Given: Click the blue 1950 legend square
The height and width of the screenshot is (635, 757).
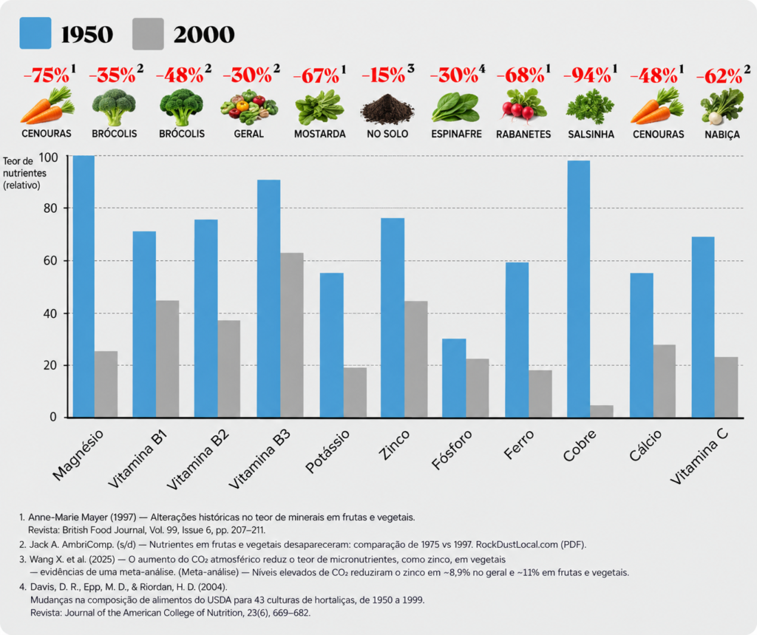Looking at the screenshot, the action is click(x=35, y=33).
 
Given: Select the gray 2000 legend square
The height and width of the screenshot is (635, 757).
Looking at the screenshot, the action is click(x=148, y=34).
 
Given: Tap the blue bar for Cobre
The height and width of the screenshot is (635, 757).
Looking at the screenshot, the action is click(x=578, y=289).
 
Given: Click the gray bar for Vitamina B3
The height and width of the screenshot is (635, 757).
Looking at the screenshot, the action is click(x=291, y=335).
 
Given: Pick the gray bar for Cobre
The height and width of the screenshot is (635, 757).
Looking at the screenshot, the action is click(x=602, y=411).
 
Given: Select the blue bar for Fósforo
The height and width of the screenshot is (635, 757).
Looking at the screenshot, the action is click(x=454, y=378).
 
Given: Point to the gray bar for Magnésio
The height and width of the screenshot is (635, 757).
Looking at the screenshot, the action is click(x=106, y=384).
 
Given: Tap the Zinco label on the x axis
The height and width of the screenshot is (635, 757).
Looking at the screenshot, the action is click(x=395, y=445).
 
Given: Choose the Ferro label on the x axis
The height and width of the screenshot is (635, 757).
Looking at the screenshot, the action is click(x=519, y=444).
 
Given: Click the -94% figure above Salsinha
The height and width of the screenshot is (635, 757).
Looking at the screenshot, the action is click(x=587, y=75).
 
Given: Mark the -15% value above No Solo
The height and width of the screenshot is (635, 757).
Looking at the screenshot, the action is click(x=384, y=75).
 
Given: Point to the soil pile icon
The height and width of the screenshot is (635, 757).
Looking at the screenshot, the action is click(x=387, y=108).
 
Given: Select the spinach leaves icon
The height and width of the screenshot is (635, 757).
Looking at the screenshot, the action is click(x=455, y=107).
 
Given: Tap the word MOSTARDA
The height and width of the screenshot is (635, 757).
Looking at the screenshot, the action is click(x=319, y=134).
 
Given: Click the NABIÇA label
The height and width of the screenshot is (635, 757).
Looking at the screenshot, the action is click(x=722, y=135).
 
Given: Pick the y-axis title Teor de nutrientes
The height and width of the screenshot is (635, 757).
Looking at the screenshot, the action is click(x=24, y=173).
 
